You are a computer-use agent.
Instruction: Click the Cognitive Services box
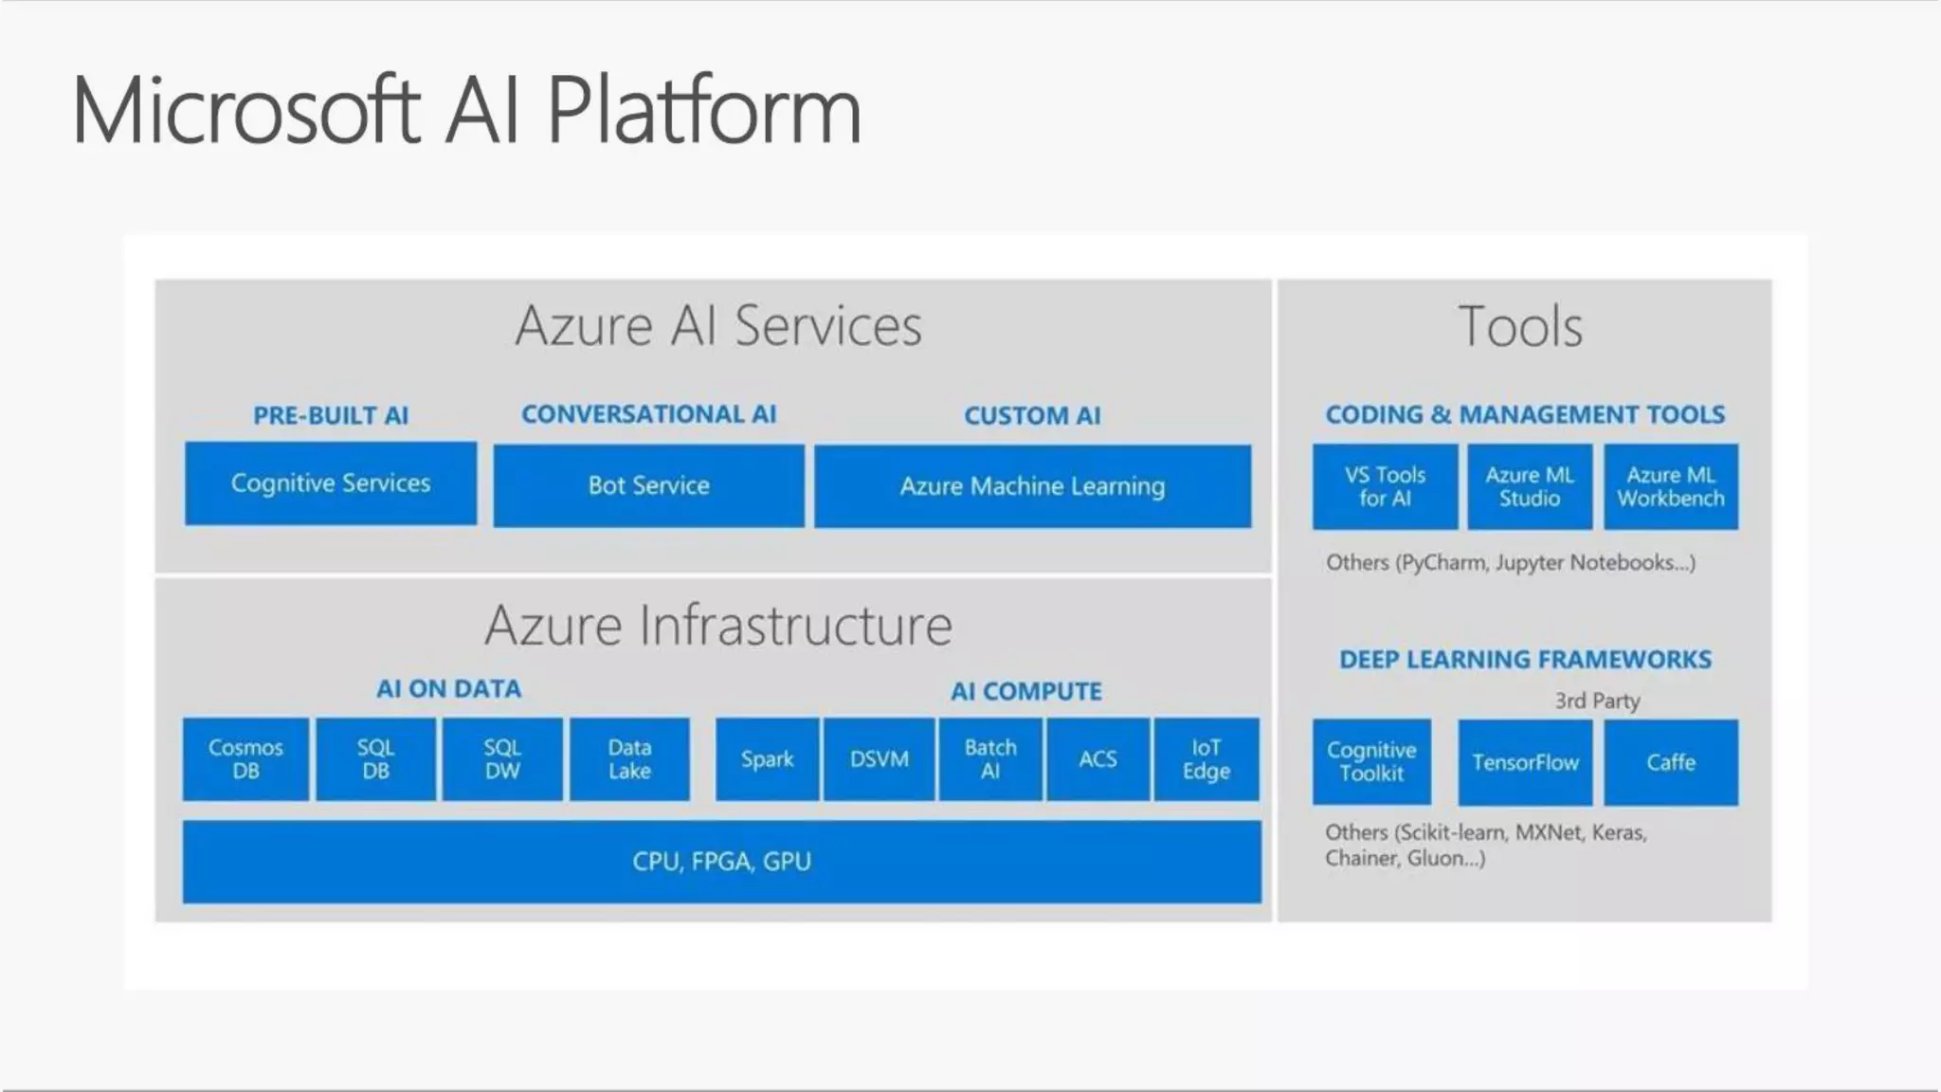point(331,483)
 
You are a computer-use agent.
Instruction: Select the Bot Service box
point(648,485)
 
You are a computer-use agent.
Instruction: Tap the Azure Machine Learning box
point(1032,486)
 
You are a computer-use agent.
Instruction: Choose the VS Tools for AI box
point(1385,486)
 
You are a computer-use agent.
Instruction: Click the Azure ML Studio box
point(1530,486)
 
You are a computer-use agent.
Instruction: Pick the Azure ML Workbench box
point(1671,486)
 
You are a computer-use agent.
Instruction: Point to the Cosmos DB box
point(245,759)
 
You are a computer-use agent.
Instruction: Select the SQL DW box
point(502,759)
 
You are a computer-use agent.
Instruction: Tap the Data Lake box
point(629,759)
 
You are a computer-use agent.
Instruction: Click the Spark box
point(767,759)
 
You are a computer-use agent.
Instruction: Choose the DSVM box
point(879,759)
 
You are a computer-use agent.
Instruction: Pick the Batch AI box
point(990,759)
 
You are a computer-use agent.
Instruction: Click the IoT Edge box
point(1206,759)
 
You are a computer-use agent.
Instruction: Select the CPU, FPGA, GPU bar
point(721,862)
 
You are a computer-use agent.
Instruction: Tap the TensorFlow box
point(1525,762)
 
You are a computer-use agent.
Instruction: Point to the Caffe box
point(1671,762)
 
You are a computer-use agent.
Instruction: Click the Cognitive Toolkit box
point(1371,762)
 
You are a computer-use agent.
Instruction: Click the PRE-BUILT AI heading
point(331,415)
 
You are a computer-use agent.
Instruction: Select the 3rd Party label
point(1597,701)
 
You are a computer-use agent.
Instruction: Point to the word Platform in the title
point(704,111)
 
